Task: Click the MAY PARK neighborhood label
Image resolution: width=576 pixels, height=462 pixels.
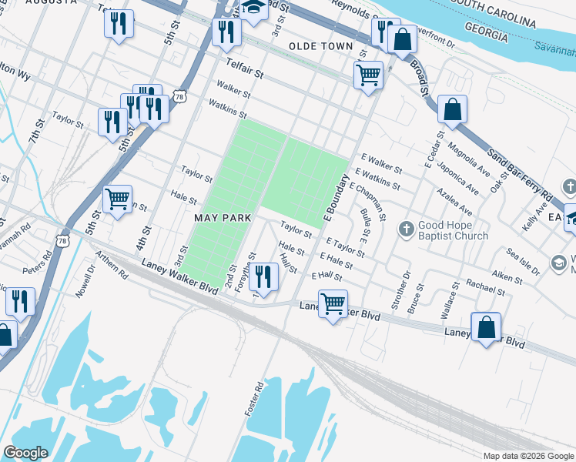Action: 223,218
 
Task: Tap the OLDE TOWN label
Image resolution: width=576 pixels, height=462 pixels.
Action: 320,47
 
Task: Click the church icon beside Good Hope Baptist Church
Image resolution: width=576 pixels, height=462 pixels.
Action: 407,229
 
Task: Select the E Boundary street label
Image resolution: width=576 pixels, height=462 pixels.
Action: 337,196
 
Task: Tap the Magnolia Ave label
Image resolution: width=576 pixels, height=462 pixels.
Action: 468,159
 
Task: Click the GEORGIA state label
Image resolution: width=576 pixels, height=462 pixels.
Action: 485,36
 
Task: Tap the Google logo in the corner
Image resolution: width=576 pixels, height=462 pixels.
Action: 25,453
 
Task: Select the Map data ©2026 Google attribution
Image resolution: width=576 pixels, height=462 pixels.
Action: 527,456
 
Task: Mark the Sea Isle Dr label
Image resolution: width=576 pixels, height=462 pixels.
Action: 526,258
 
